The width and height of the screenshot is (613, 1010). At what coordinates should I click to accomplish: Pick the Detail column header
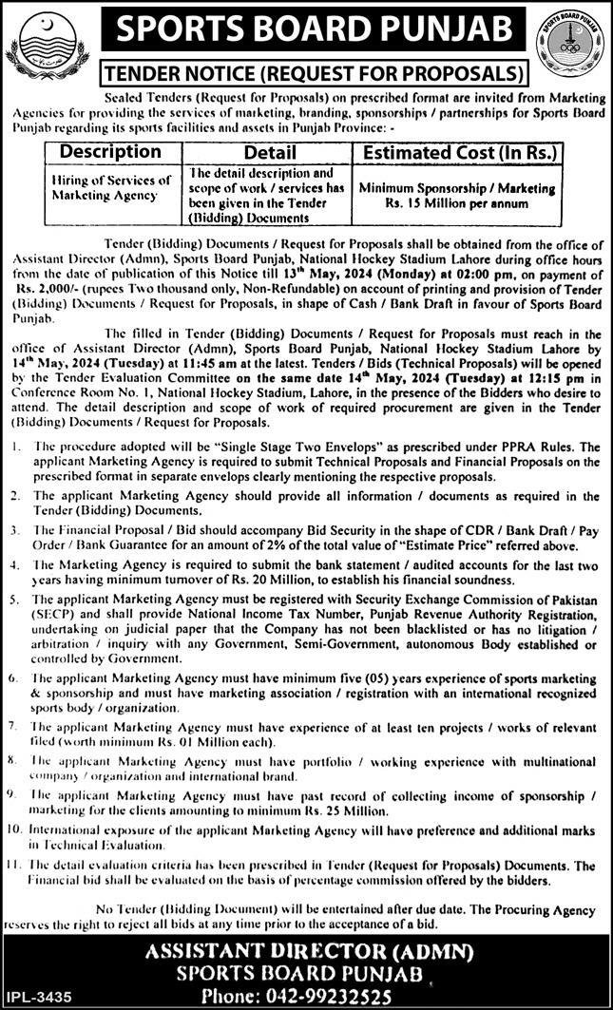click(x=271, y=152)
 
